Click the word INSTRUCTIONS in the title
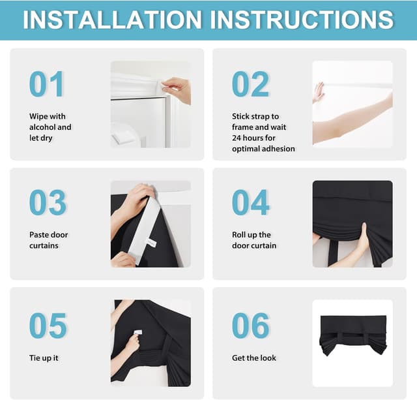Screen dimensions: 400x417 302,19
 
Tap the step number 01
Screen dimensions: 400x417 47,84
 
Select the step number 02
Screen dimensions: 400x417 250,84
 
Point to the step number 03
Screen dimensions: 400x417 48,203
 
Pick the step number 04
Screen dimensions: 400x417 250,203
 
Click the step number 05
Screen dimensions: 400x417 48,326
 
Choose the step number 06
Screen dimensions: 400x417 250,326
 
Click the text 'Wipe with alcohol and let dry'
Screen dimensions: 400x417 50,127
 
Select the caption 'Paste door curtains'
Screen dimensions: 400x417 48,240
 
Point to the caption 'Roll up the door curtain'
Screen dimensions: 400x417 254,240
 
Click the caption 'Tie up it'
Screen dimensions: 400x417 44,358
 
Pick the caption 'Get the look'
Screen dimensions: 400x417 254,358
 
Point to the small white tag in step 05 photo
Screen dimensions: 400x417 138,332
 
